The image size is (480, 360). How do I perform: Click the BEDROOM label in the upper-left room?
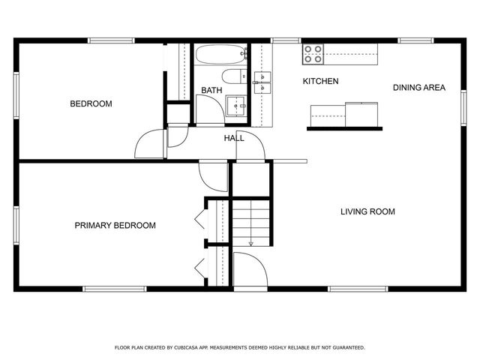[91, 103]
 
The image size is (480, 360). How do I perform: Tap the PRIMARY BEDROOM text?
[115, 225]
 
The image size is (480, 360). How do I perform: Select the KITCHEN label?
[320, 81]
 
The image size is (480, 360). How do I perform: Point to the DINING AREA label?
[418, 88]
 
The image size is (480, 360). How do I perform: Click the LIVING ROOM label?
[367, 211]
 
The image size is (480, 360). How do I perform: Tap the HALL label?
[233, 138]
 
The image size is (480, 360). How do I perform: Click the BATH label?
[211, 91]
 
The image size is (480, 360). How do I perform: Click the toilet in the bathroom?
[232, 75]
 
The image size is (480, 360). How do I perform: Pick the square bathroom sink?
[238, 106]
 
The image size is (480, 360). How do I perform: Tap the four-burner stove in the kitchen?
[313, 53]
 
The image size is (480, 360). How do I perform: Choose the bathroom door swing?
[211, 112]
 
